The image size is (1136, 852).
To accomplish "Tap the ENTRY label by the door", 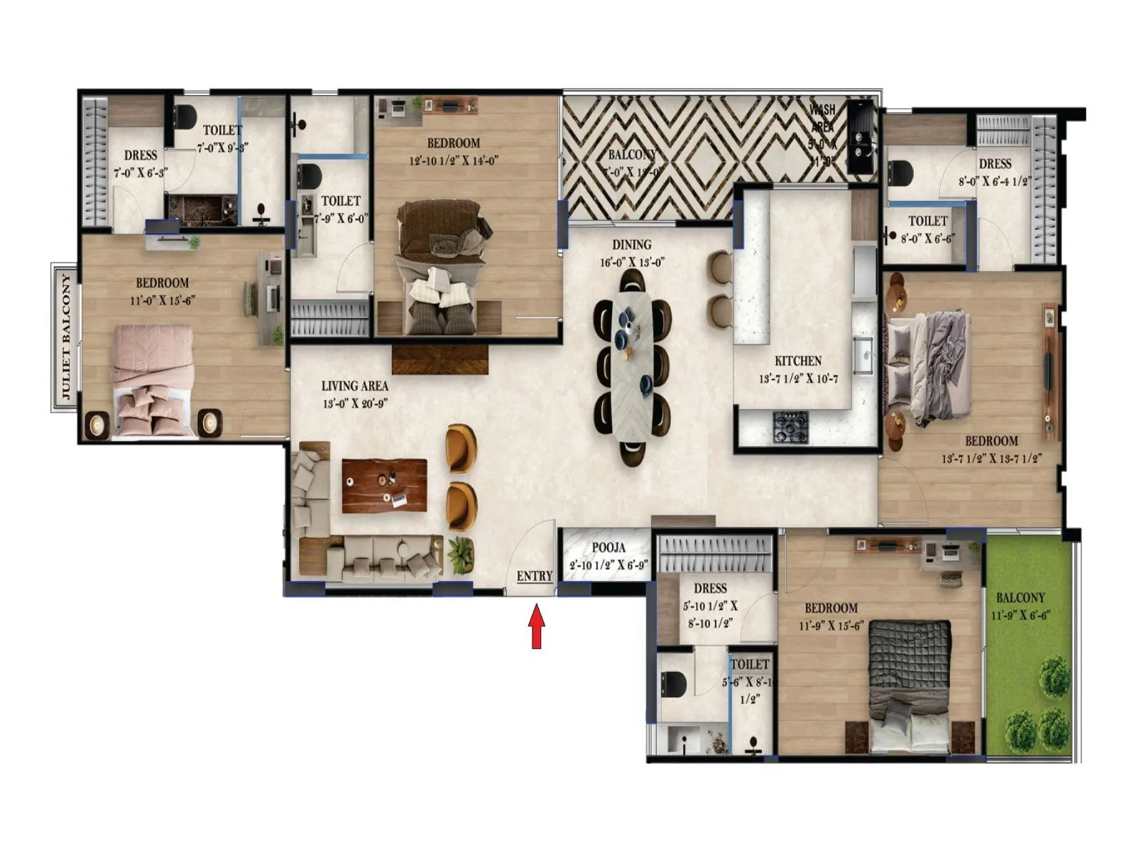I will [534, 576].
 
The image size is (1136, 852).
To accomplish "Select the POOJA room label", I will [608, 548].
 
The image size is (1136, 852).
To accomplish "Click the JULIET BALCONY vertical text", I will [66, 337].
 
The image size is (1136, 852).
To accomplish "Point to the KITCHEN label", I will [798, 361].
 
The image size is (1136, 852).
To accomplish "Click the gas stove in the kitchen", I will [790, 427].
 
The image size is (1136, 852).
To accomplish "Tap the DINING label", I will [631, 245].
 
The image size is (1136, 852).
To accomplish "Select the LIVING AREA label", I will [354, 386].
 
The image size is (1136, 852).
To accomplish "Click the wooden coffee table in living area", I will [384, 486].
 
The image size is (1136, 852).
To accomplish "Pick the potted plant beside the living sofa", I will [461, 553].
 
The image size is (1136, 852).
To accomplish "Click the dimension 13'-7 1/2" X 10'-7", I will [798, 379].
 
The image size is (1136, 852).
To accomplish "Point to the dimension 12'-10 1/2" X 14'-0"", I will [454, 161].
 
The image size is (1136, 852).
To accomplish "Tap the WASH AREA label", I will [823, 119].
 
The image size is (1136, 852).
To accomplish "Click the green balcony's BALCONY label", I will [1020, 598].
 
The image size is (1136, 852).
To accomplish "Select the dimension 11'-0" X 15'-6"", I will [163, 300].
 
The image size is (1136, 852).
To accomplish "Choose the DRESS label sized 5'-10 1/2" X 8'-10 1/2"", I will [710, 588].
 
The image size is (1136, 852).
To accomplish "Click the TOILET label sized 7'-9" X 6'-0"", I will [341, 201].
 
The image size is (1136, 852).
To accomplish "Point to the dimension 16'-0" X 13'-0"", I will [631, 263].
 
